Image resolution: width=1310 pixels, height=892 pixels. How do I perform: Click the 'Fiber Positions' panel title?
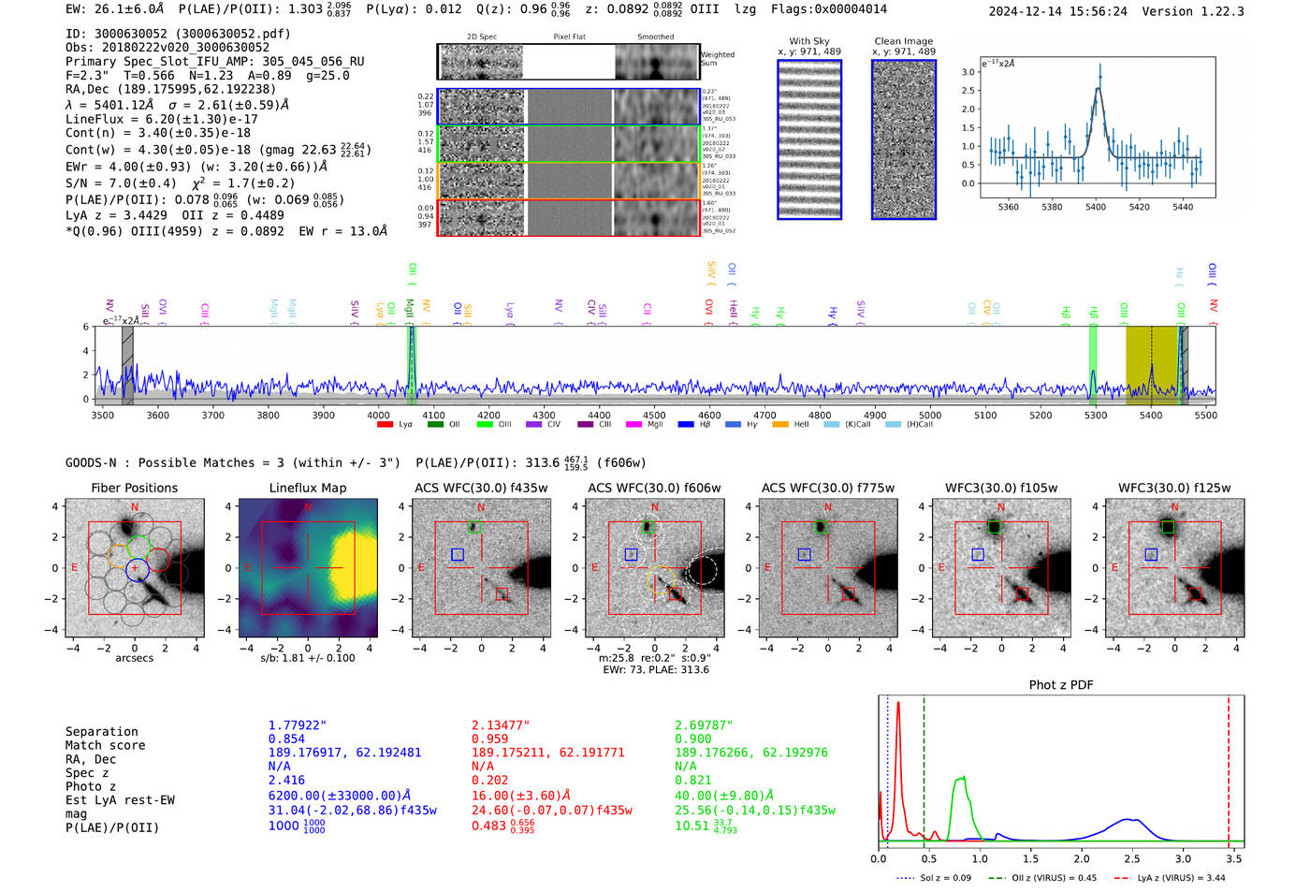click(x=134, y=488)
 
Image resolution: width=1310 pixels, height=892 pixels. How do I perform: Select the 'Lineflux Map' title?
click(x=308, y=488)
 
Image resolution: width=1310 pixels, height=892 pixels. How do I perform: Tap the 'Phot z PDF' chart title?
click(x=1061, y=685)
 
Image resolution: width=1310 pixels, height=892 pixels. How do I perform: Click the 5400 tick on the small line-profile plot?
click(x=1096, y=207)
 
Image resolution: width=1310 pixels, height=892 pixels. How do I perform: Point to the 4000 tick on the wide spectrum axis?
click(x=378, y=416)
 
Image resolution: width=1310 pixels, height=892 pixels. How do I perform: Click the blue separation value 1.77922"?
click(x=298, y=725)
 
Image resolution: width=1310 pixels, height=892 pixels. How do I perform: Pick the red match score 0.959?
click(x=489, y=739)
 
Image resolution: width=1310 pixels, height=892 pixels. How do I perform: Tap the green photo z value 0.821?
click(x=693, y=780)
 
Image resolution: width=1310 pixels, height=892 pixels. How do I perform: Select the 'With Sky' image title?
click(x=809, y=41)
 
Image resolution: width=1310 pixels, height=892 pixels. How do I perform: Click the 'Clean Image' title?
click(x=904, y=41)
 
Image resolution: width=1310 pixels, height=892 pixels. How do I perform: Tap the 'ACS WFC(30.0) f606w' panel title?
click(x=654, y=488)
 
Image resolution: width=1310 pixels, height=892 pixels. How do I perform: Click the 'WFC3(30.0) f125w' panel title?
click(x=1174, y=488)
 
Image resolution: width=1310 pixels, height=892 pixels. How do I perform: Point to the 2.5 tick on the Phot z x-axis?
click(x=1132, y=858)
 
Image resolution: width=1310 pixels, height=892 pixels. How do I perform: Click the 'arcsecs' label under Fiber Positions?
click(x=134, y=658)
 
